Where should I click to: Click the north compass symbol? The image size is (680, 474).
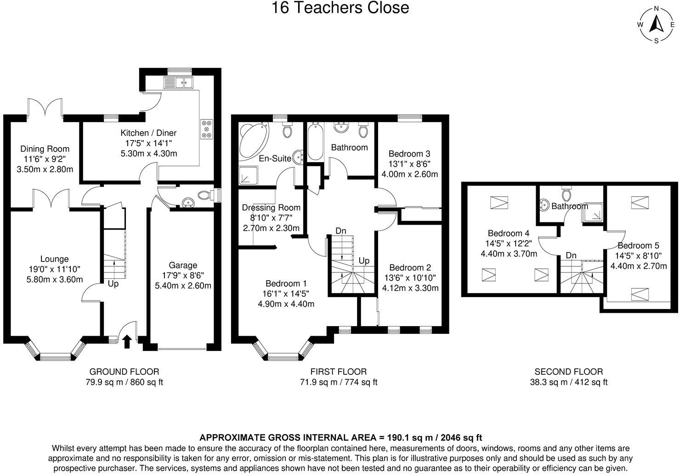point(656,25)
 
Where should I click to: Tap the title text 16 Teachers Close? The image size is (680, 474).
point(340,8)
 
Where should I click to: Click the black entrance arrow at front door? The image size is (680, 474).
point(127,342)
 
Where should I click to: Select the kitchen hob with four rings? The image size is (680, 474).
point(206,129)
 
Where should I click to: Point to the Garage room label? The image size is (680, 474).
point(183,265)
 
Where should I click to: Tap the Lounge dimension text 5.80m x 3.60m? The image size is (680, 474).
point(55,279)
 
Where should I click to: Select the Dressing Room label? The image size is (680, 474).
point(271,208)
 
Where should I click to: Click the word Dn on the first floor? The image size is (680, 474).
point(340,231)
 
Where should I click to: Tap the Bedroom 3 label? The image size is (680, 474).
point(409,153)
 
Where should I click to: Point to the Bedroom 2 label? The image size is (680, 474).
point(410,267)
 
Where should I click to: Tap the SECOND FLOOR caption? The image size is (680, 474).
point(568,372)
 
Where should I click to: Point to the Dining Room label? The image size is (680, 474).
point(45,149)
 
